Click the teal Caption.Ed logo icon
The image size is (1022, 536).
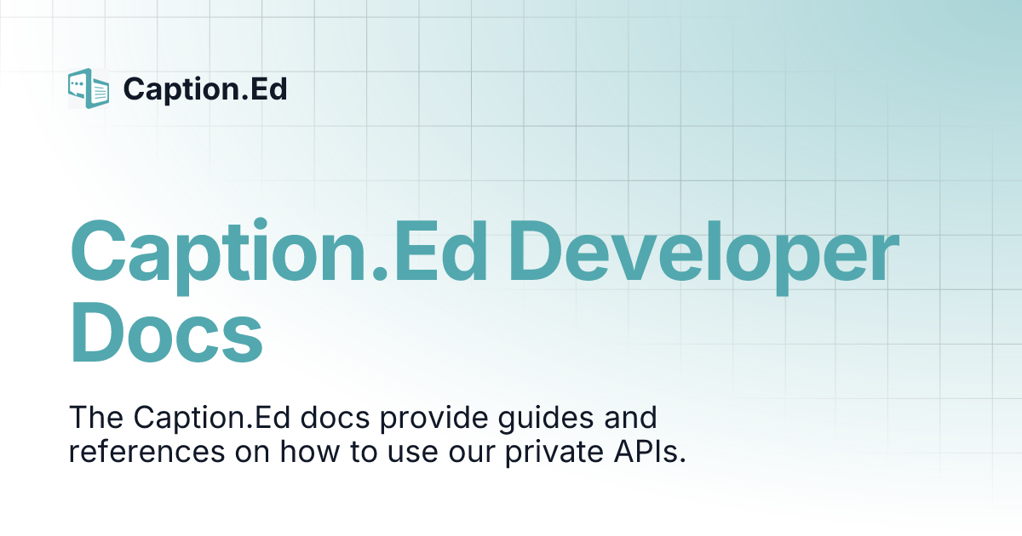89,88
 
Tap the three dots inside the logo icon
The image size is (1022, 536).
80,83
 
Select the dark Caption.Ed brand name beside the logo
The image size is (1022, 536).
205,88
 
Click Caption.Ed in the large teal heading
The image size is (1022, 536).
279,253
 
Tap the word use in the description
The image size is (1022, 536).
411,452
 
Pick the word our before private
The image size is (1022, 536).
474,452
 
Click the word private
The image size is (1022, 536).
557,452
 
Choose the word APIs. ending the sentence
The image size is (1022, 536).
651,452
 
